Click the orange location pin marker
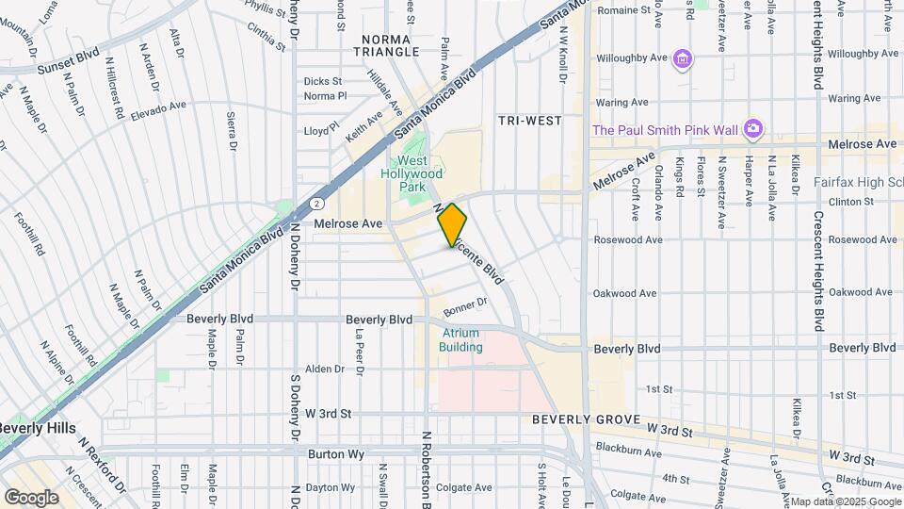point(452,223)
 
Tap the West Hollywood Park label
point(412,173)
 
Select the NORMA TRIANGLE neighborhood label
point(387,45)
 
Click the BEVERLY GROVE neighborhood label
point(586,419)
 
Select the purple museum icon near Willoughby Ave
point(683,60)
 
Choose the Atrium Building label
point(460,340)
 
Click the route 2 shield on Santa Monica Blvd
point(317,203)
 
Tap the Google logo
point(31,497)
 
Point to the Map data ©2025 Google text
point(844,501)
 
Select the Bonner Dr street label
point(464,304)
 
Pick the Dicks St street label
point(323,81)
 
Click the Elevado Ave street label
point(160,109)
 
